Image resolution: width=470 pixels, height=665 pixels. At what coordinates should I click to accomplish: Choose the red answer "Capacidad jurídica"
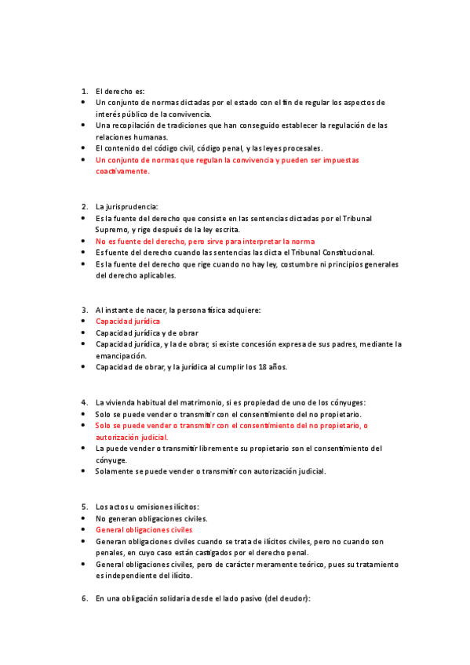pos(128,322)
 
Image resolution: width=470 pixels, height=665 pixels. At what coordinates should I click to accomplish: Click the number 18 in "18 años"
pos(257,367)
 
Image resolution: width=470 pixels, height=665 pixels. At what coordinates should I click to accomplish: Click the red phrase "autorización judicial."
pos(132,437)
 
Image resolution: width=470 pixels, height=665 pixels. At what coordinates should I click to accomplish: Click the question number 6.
pos(84,598)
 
